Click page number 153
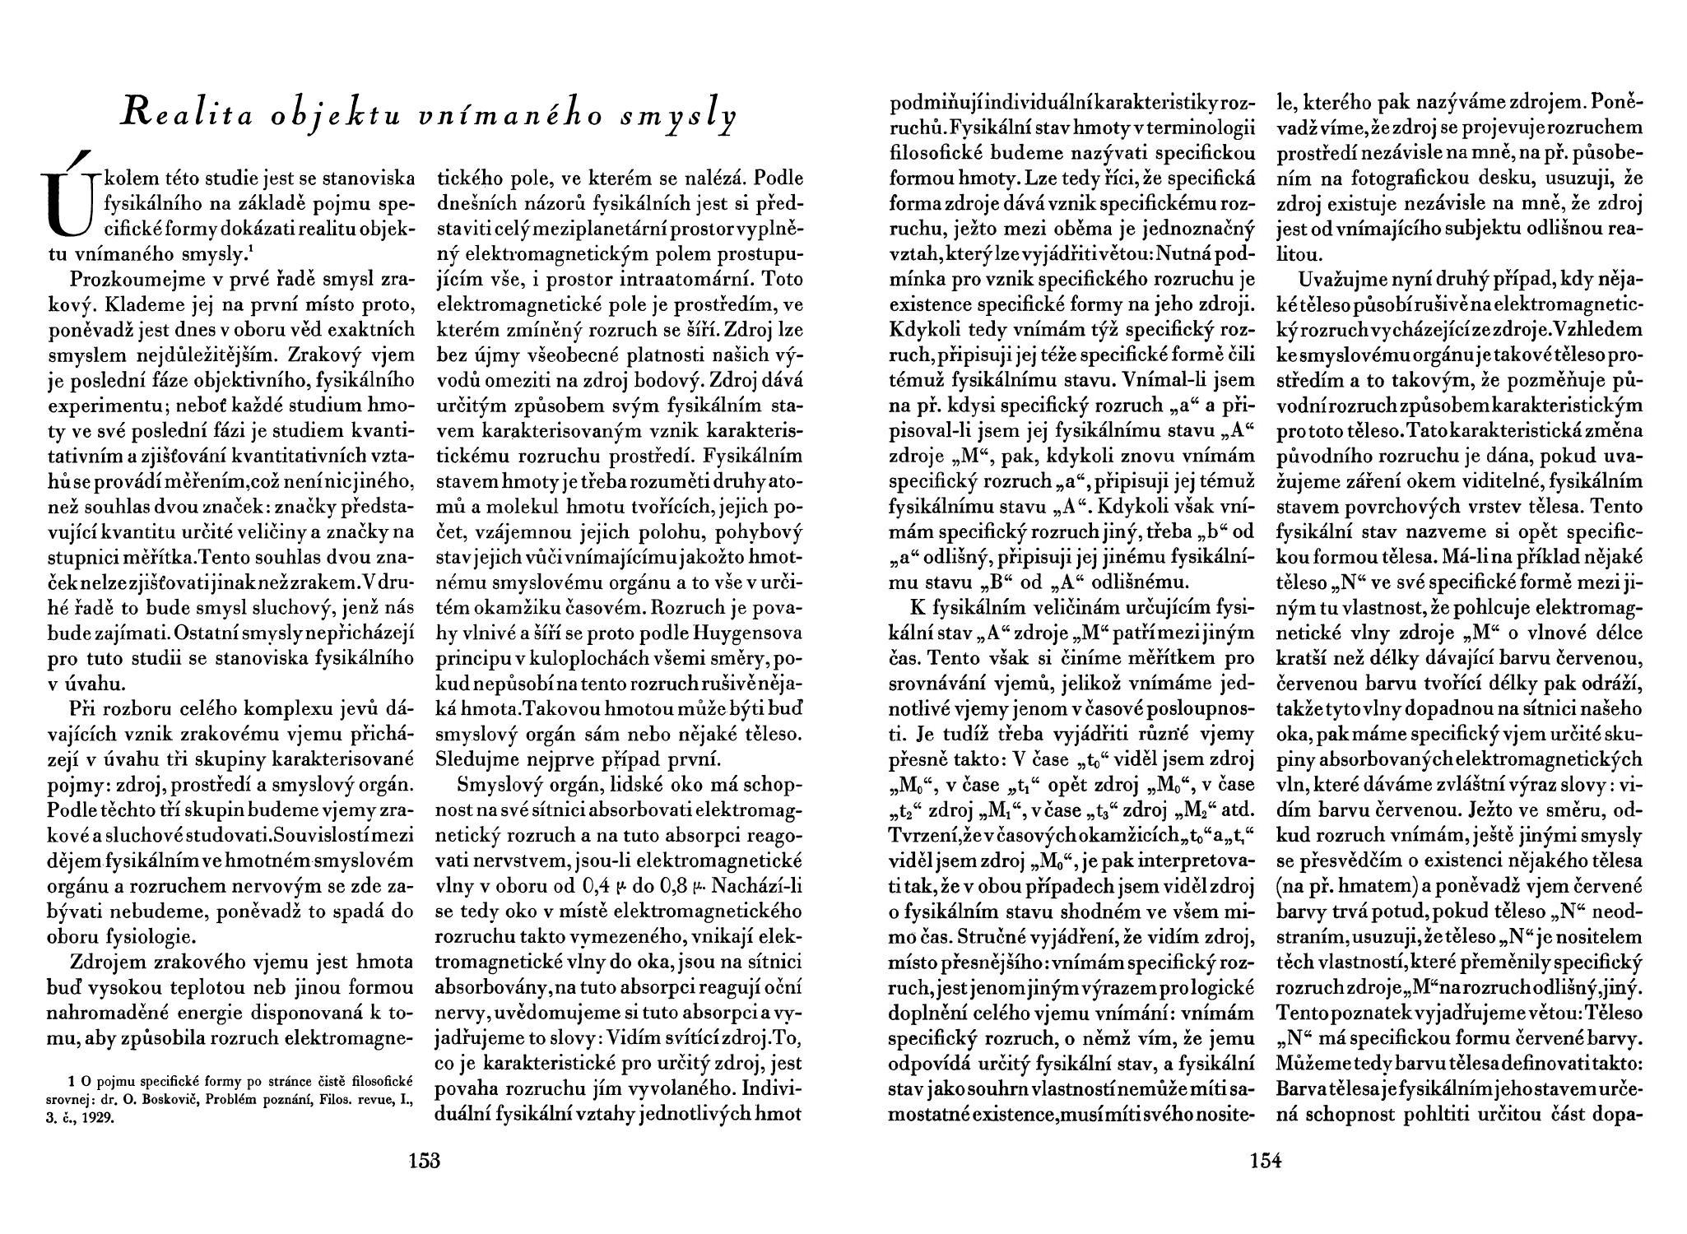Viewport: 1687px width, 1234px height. pos(425,1161)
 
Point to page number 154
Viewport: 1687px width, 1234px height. pos(1266,1161)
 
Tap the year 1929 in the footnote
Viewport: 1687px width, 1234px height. pos(99,1119)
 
